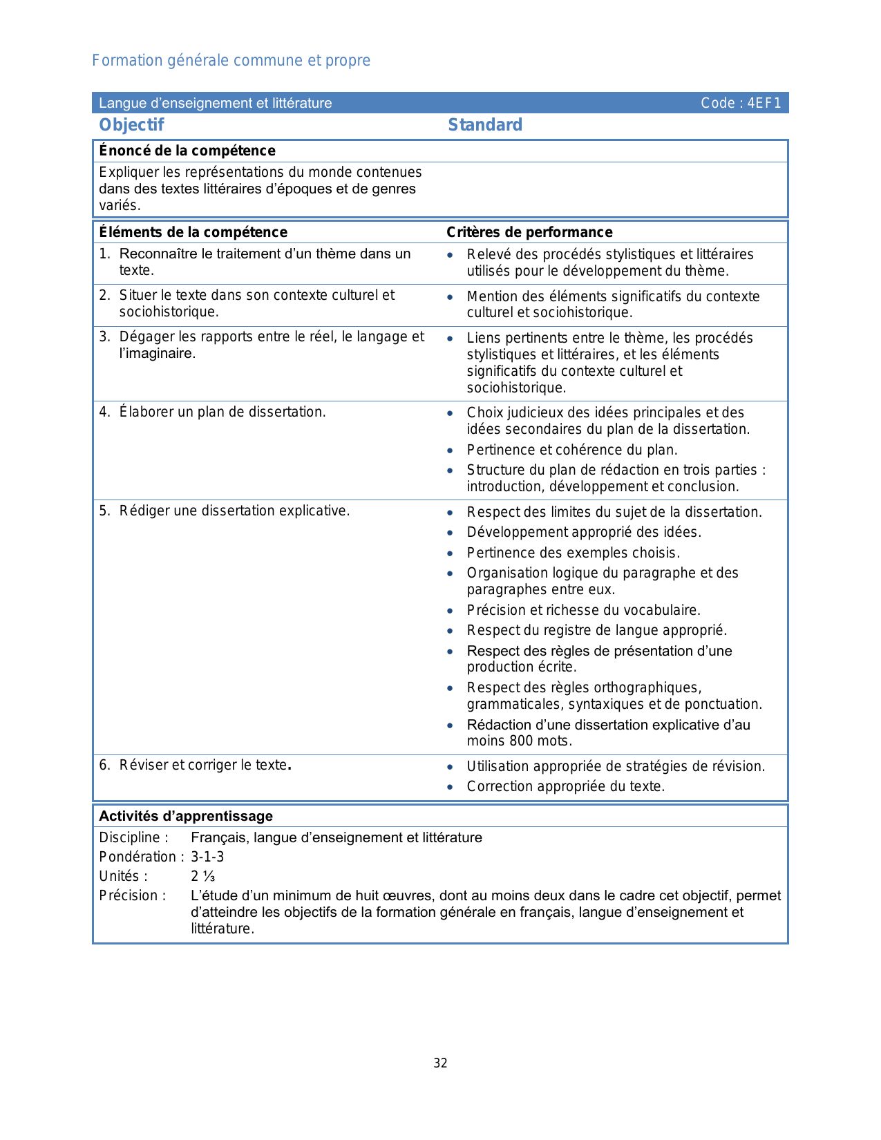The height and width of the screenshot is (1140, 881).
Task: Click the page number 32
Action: (x=440, y=1063)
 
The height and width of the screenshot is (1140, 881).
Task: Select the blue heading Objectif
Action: (x=131, y=125)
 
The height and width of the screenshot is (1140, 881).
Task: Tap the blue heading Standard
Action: (x=485, y=125)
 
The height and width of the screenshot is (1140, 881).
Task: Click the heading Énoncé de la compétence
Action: (x=187, y=151)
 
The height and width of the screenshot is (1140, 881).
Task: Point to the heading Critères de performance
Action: (x=529, y=232)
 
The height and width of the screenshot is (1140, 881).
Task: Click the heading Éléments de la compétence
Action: (x=193, y=232)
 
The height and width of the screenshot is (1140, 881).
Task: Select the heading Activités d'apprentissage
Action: (x=186, y=816)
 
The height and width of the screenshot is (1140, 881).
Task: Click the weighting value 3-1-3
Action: (x=207, y=857)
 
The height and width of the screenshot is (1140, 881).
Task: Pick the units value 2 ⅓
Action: (x=203, y=876)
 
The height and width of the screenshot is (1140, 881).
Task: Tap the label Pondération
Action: (x=138, y=857)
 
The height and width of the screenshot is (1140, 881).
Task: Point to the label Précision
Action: (x=132, y=895)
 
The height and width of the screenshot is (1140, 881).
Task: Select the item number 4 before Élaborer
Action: (x=104, y=412)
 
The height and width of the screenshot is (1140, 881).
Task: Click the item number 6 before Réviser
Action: (x=104, y=765)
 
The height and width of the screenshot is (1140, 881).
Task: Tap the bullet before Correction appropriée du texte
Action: (x=451, y=787)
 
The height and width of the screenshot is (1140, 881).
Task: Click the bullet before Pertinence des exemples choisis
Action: (x=451, y=553)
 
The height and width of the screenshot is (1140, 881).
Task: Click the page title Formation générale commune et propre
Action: (x=231, y=61)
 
